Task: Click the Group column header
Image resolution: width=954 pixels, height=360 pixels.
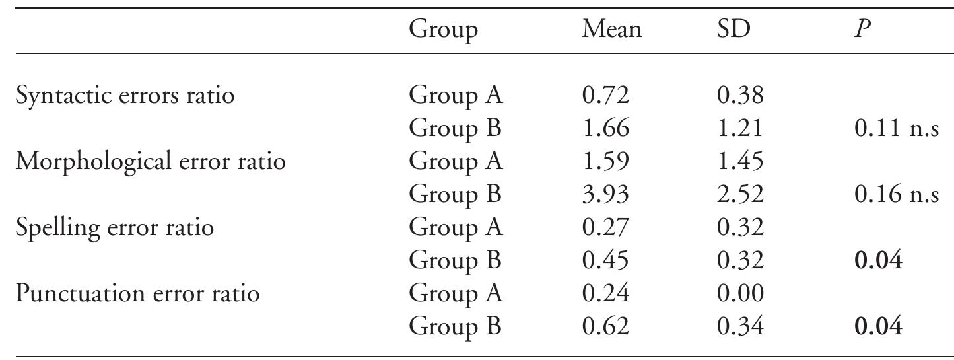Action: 443,30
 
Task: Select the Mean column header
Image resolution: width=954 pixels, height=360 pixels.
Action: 611,30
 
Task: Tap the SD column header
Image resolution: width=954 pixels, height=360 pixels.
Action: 732,30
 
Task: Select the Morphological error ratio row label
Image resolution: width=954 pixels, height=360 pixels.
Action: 151,162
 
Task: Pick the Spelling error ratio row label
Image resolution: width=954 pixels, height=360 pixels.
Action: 115,228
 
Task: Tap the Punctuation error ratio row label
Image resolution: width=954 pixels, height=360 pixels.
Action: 137,293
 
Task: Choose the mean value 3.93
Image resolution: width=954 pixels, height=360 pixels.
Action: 605,195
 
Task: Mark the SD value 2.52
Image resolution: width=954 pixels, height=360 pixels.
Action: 739,195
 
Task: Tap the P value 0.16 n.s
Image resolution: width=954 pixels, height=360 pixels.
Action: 895,195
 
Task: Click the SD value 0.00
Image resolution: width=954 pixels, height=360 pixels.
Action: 739,293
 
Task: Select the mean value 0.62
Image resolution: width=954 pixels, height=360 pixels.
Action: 605,326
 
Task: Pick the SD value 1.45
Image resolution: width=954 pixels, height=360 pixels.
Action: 739,162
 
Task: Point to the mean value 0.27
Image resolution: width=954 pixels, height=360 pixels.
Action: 605,228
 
